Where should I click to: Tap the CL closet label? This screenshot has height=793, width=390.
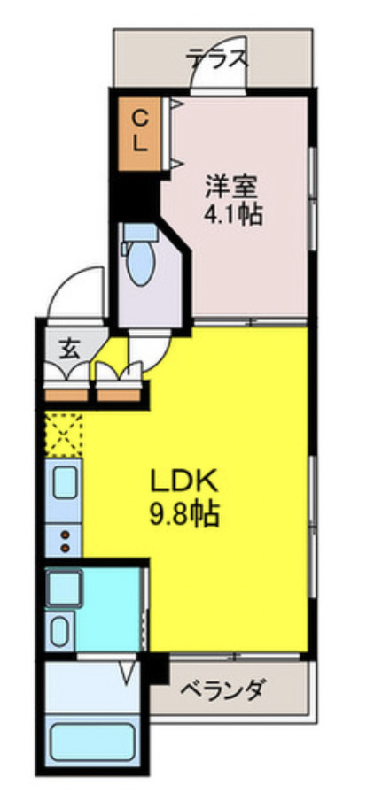point(140,130)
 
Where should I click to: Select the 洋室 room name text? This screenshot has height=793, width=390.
point(231,187)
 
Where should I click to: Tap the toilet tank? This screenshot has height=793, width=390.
point(138,233)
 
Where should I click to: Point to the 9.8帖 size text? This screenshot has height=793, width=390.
point(185,513)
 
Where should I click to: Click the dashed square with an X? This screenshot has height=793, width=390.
point(63,434)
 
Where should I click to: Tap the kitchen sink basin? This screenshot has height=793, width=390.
point(65,484)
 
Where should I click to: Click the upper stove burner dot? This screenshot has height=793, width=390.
point(65,534)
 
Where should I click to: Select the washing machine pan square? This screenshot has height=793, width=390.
point(65,588)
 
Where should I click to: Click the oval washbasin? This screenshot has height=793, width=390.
point(60,633)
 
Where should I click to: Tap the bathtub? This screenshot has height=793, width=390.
point(91,742)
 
